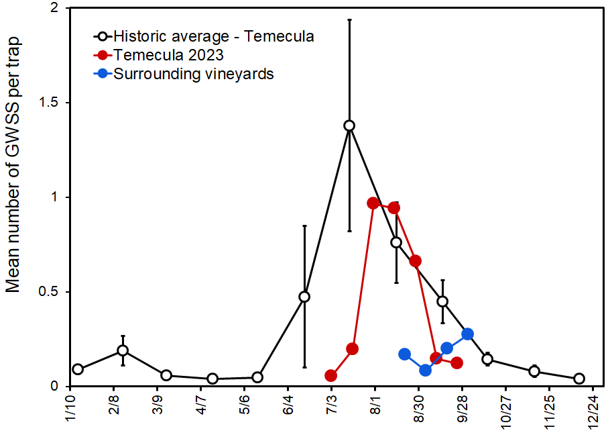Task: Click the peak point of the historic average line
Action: [349, 126]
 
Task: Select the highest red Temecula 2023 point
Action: [373, 203]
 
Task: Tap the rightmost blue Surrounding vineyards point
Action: [468, 334]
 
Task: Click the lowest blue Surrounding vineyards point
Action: [426, 370]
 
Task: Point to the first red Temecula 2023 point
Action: [330, 376]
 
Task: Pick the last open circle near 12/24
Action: [579, 379]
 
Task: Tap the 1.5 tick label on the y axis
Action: [49, 103]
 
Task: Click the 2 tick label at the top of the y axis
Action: [54, 8]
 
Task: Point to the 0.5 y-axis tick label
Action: [49, 292]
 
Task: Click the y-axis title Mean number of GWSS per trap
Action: [13, 164]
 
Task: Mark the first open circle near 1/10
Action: [78, 369]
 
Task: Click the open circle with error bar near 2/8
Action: [123, 350]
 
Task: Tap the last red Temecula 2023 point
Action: [457, 362]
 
